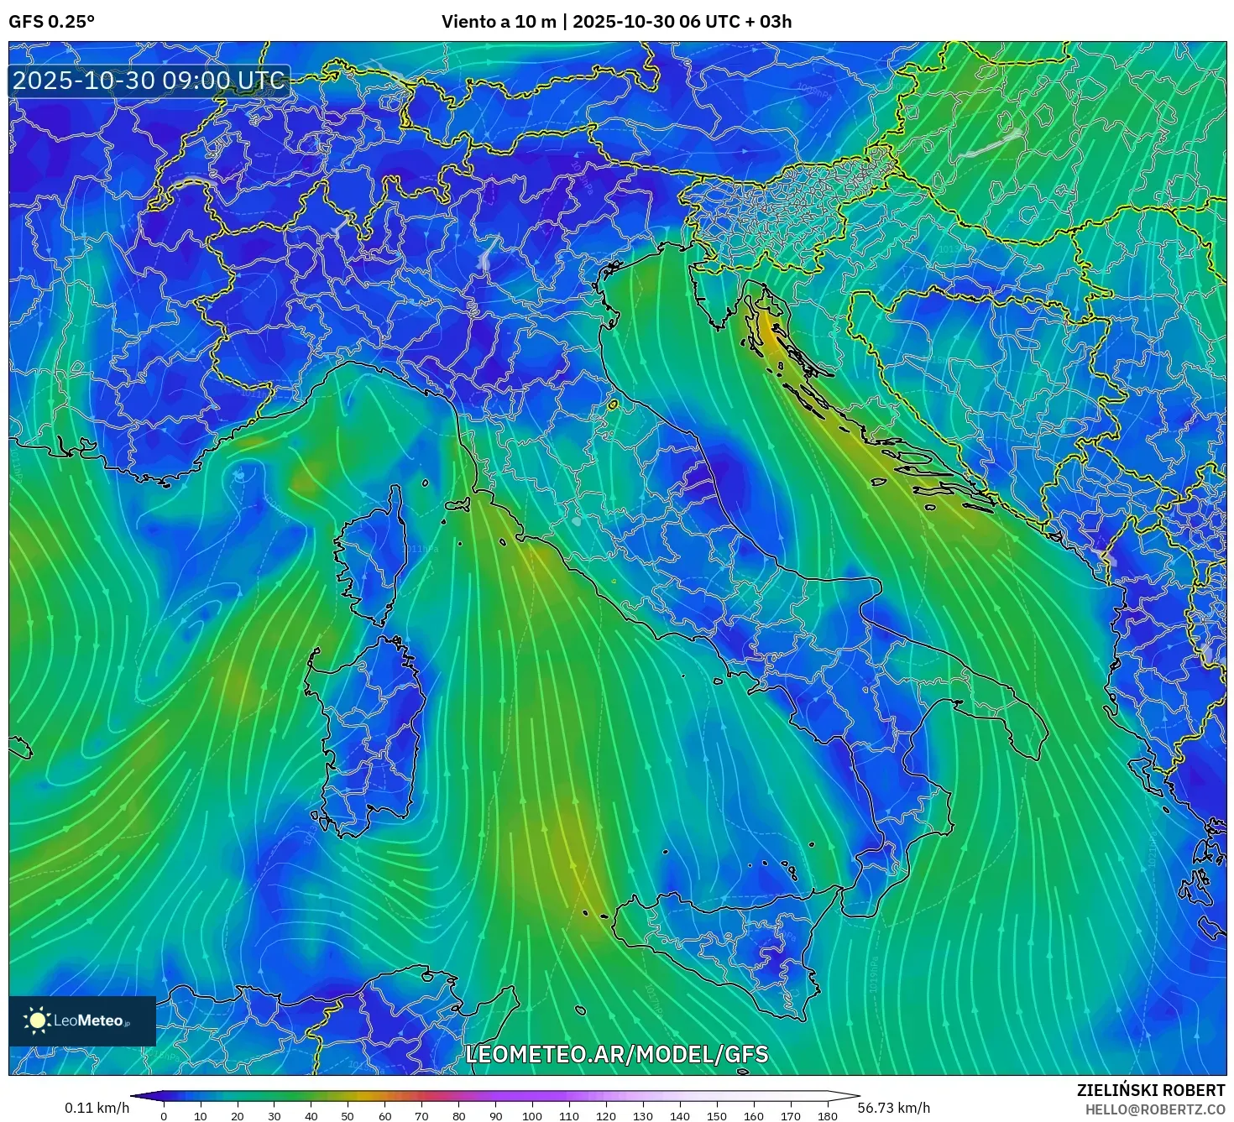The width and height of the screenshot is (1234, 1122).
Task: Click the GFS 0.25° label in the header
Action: coord(51,22)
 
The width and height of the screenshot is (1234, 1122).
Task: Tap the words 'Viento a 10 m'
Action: coord(499,22)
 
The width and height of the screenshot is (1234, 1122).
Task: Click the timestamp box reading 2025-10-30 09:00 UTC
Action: coord(149,81)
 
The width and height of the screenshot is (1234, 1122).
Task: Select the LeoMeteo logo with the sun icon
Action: coord(82,1020)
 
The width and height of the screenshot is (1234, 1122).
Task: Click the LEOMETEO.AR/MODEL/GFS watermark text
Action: coord(616,1054)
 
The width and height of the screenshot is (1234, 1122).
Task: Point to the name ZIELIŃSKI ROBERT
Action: coord(1150,1090)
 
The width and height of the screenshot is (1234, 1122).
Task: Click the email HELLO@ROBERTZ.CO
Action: coord(1154,1109)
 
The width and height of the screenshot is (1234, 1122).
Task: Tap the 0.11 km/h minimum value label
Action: coord(97,1108)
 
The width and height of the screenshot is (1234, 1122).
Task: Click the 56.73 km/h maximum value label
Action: coord(894,1108)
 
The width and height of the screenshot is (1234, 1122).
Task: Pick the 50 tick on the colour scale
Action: coord(348,1115)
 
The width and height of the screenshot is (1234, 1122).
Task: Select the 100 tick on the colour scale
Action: coord(532,1115)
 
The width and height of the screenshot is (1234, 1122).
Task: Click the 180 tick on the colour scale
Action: coord(827,1115)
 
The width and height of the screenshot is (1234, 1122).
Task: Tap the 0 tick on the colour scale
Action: coord(164,1115)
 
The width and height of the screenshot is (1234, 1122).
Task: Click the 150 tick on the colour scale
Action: coord(716,1115)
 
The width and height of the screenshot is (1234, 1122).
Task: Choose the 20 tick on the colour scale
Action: coord(238,1115)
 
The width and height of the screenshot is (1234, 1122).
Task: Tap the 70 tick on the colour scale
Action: coord(421,1115)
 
